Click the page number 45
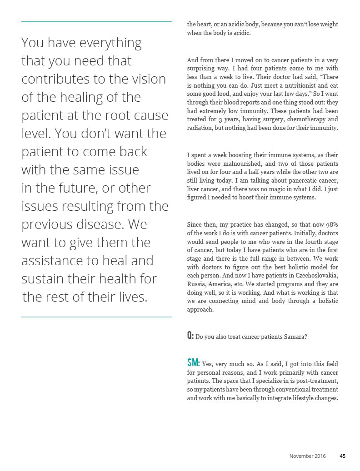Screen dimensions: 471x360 tap(343, 456)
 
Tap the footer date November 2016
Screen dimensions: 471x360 tap(308, 456)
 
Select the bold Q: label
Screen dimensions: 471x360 tap(190, 336)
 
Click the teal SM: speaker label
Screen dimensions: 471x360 tap(193, 363)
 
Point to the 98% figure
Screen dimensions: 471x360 tap(330, 224)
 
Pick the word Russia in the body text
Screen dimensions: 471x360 tap(196, 284)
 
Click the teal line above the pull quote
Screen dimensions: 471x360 tap(96, 21)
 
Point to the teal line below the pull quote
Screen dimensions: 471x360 tap(96, 317)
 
